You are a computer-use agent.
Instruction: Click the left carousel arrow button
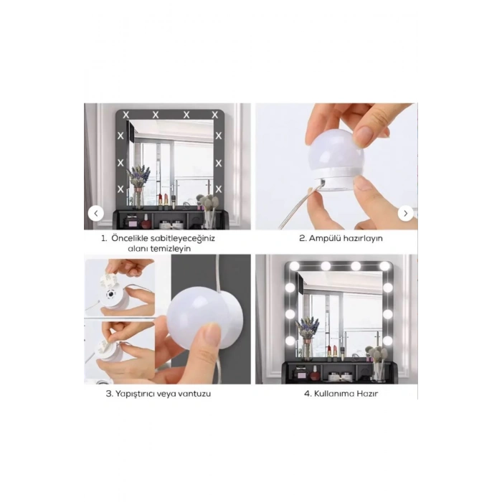[x=95, y=213]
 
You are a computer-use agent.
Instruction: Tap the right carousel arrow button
[x=406, y=213]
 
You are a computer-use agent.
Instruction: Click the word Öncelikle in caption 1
[x=126, y=238]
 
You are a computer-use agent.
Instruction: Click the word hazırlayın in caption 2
[x=363, y=239]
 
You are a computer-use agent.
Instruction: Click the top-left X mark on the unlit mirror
[x=126, y=115]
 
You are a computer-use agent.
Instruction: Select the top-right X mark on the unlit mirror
[x=215, y=115]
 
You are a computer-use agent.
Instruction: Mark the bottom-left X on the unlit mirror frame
[x=120, y=189]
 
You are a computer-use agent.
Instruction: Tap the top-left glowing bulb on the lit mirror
[x=294, y=266]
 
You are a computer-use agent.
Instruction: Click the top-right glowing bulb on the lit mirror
[x=386, y=266]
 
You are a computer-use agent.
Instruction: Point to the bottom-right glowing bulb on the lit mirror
[x=388, y=341]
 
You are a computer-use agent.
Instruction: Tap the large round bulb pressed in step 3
[x=199, y=316]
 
